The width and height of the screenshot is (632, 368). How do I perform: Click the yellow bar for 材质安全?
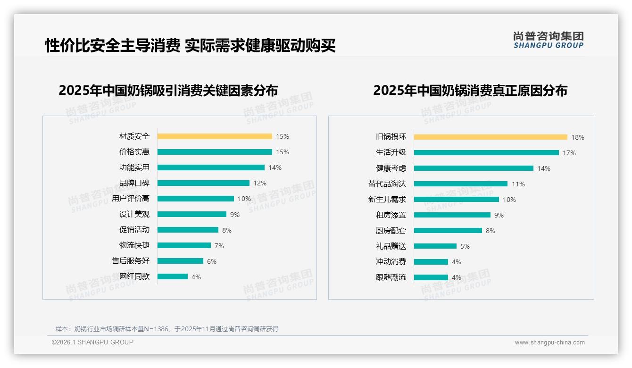click(215, 136)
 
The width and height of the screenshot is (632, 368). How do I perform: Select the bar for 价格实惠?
click(215, 152)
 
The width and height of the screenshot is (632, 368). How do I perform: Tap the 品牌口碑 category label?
click(134, 183)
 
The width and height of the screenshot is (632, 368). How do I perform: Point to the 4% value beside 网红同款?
click(196, 277)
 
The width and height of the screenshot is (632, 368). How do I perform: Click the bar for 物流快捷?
click(184, 245)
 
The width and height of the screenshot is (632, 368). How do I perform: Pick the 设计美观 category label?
click(134, 214)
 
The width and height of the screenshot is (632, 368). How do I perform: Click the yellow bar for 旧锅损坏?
click(491, 137)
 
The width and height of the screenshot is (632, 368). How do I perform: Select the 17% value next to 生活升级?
click(569, 153)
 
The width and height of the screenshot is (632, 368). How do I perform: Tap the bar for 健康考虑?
click(474, 168)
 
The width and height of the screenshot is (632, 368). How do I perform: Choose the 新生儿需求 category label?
click(387, 200)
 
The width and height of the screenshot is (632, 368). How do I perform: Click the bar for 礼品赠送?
click(435, 246)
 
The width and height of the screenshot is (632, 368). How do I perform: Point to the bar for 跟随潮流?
click(431, 277)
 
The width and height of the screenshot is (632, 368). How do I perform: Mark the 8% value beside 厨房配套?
click(491, 231)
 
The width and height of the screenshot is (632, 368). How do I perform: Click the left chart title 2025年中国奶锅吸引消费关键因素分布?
click(168, 90)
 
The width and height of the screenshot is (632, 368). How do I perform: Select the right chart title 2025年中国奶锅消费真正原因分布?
click(470, 90)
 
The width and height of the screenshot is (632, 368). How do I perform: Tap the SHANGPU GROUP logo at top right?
click(548, 40)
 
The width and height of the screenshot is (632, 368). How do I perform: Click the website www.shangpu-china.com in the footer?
click(549, 343)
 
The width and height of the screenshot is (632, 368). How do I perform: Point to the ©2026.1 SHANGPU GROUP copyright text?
click(92, 342)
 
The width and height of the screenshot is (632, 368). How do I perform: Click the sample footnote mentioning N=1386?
click(167, 329)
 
